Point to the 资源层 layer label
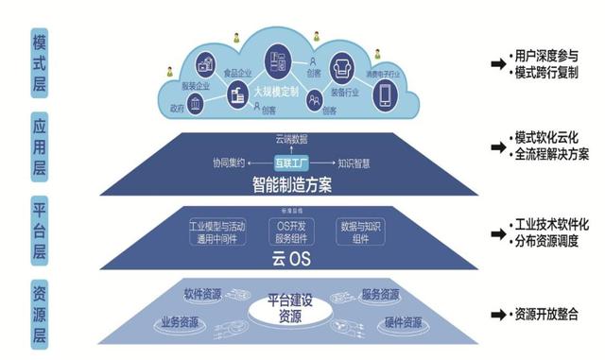(x=39, y=311)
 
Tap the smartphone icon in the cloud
(x=386, y=94)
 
